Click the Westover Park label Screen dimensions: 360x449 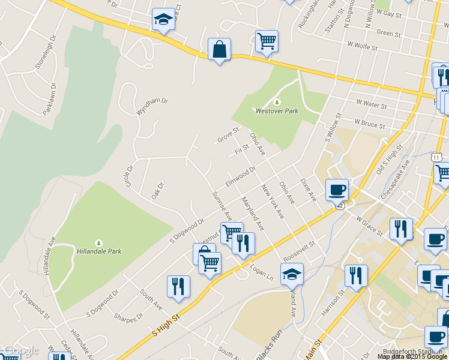click(x=277, y=110)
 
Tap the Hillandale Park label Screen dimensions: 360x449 click(x=100, y=251)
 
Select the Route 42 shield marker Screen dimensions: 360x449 click(x=340, y=205)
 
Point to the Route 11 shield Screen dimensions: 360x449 click(x=436, y=157)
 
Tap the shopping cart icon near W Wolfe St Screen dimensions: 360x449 click(x=267, y=41)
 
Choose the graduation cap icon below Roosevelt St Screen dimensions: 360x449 click(x=292, y=274)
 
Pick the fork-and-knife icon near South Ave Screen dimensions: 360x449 click(x=178, y=286)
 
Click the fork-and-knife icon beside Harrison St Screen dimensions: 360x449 click(x=356, y=275)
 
